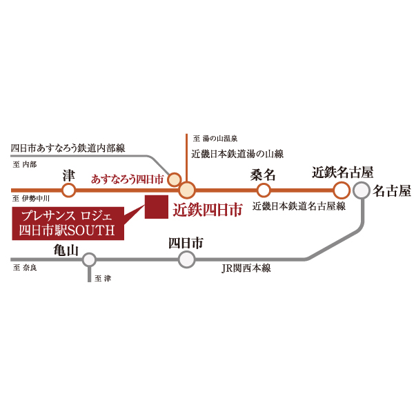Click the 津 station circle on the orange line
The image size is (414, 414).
68,190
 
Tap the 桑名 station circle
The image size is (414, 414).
264,190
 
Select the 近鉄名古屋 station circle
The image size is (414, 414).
342,190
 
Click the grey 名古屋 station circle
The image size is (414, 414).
362,190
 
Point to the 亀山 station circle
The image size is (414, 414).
89,260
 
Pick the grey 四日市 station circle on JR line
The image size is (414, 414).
187,259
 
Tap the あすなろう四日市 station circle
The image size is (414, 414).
175,179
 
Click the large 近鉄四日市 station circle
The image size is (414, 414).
187,190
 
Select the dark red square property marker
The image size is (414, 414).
157,207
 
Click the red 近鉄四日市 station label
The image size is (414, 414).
208,210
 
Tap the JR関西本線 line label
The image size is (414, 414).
246,268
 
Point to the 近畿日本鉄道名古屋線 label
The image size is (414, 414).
299,206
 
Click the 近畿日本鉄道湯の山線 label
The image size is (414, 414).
237,154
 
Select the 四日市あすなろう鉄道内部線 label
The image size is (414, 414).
68,148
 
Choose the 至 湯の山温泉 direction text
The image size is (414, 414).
215,138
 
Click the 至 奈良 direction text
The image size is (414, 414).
25,268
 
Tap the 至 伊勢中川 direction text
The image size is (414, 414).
31,198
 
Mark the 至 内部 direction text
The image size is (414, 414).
25,164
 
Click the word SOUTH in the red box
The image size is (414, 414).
91,230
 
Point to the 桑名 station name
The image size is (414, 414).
263,175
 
